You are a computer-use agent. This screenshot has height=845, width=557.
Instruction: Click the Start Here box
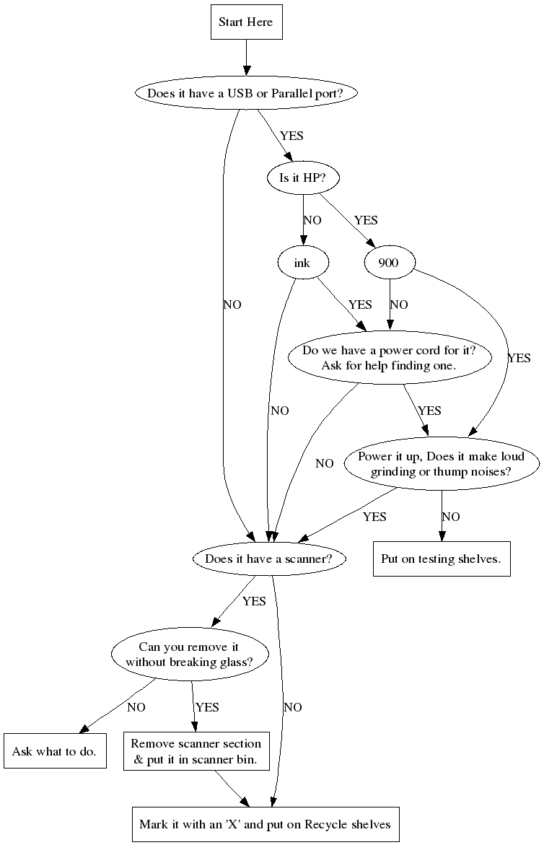[x=245, y=22]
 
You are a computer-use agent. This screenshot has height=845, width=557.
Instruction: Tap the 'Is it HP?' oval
[x=302, y=178]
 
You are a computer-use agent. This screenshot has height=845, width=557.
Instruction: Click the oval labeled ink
[x=302, y=263]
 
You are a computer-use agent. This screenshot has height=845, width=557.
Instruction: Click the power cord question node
[x=390, y=359]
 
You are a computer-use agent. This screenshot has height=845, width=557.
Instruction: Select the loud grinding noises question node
[x=441, y=465]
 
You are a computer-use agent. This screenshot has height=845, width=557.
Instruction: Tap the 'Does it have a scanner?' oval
[x=269, y=559]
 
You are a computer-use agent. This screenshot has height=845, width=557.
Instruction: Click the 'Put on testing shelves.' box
[x=441, y=559]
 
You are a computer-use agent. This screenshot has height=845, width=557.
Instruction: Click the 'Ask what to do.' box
[x=55, y=751]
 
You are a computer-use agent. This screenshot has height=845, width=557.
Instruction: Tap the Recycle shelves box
[x=265, y=824]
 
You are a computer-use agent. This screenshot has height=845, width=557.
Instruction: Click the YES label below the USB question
[x=291, y=136]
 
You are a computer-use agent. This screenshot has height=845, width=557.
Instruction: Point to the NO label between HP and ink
[x=312, y=220]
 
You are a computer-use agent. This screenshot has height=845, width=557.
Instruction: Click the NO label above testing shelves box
[x=451, y=517]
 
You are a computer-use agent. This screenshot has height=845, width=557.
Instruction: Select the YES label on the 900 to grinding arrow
[x=519, y=357]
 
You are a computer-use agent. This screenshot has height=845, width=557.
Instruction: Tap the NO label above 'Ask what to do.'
[x=136, y=707]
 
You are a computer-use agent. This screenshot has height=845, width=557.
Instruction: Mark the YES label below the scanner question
[x=254, y=600]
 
